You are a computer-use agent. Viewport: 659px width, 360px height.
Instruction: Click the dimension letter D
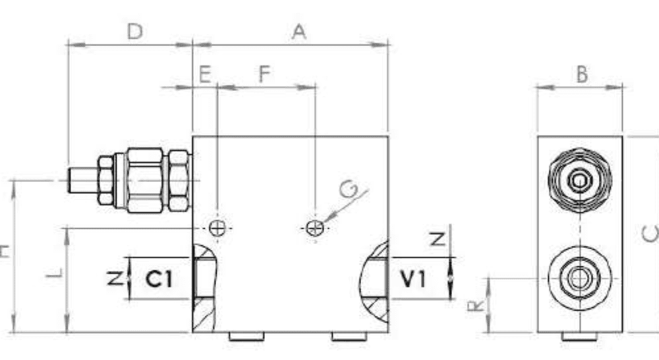click(x=134, y=32)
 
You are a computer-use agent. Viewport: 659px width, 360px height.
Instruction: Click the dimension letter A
click(x=300, y=32)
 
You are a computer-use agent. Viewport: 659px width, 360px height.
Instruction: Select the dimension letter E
click(x=204, y=74)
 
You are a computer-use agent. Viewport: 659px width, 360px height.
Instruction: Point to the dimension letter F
click(x=264, y=74)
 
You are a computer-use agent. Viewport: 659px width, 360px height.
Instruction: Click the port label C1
click(x=159, y=280)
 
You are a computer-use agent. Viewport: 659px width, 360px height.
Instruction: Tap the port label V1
click(x=413, y=280)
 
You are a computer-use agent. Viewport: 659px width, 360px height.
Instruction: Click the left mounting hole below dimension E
click(x=217, y=229)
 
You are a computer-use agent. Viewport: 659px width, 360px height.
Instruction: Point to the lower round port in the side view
click(x=579, y=279)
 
